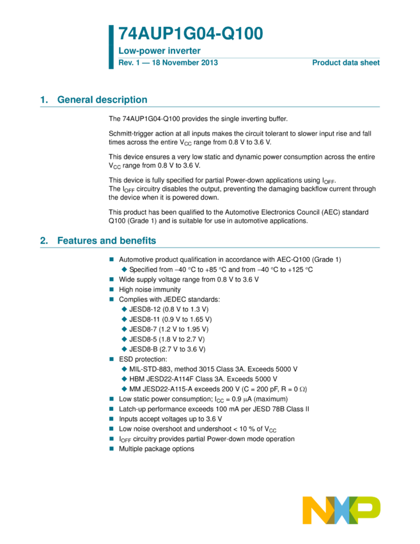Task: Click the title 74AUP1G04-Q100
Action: point(190,34)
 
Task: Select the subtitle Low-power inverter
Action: point(159,51)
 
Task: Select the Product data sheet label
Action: point(346,63)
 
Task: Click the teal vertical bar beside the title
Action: point(111,47)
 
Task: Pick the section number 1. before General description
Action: point(43,100)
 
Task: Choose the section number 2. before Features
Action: point(43,241)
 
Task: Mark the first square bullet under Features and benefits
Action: point(111,259)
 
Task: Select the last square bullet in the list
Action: point(111,449)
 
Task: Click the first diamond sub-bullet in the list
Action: point(124,269)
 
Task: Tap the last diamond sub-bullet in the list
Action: point(124,388)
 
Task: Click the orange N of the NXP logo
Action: point(315,510)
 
